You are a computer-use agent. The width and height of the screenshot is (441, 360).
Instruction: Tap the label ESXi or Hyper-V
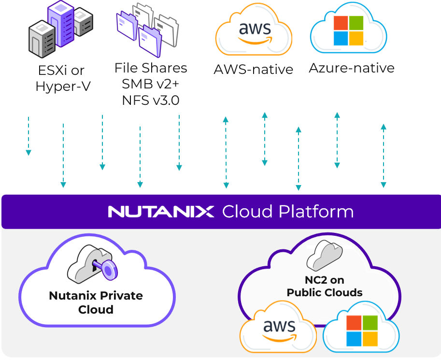click(61, 78)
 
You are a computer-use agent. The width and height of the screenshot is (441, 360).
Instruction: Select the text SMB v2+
click(150, 84)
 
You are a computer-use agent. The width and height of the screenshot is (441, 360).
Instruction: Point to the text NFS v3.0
click(150, 100)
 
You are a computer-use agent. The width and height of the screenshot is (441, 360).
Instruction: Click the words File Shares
click(150, 68)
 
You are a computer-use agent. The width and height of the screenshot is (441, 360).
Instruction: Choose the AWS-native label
click(253, 70)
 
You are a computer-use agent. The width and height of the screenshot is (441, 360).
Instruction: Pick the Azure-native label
click(351, 68)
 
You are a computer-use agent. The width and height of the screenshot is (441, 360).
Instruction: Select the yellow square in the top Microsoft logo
click(356, 38)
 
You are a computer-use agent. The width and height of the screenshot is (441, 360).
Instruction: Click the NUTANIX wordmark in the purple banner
click(161, 212)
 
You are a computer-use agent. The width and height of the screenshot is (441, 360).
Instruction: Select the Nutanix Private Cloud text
click(96, 302)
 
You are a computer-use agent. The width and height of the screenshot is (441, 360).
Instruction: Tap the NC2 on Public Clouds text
click(324, 286)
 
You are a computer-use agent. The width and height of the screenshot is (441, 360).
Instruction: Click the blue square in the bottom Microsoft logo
click(355, 337)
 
